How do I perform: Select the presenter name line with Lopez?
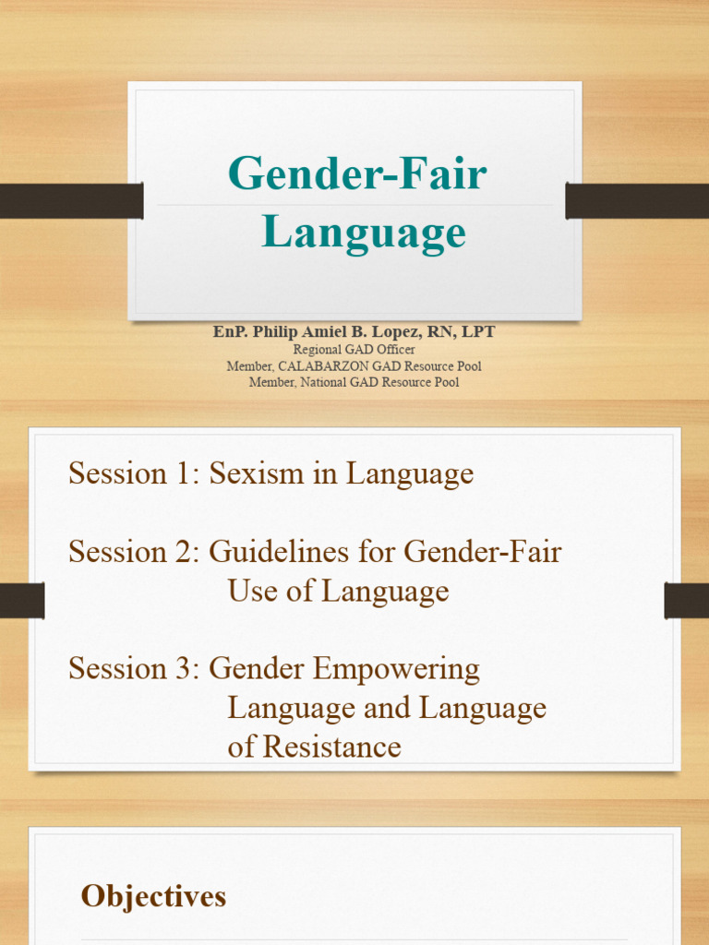[354, 332]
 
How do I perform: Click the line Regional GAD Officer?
[354, 350]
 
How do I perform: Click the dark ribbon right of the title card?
[637, 200]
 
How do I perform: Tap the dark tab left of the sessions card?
[22, 601]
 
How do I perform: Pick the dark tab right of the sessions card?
[686, 601]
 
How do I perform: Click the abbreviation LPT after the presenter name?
[475, 332]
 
